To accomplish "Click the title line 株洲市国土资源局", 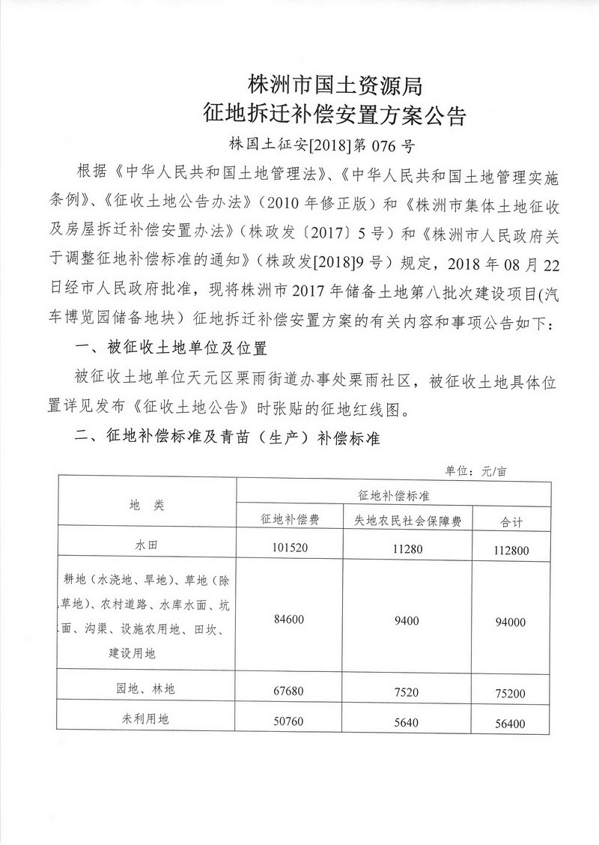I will pyautogui.click(x=335, y=85).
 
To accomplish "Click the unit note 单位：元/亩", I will pyautogui.click(x=476, y=471).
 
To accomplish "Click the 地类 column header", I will pyautogui.click(x=146, y=506).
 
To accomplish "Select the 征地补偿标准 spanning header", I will pyautogui.click(x=394, y=495).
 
